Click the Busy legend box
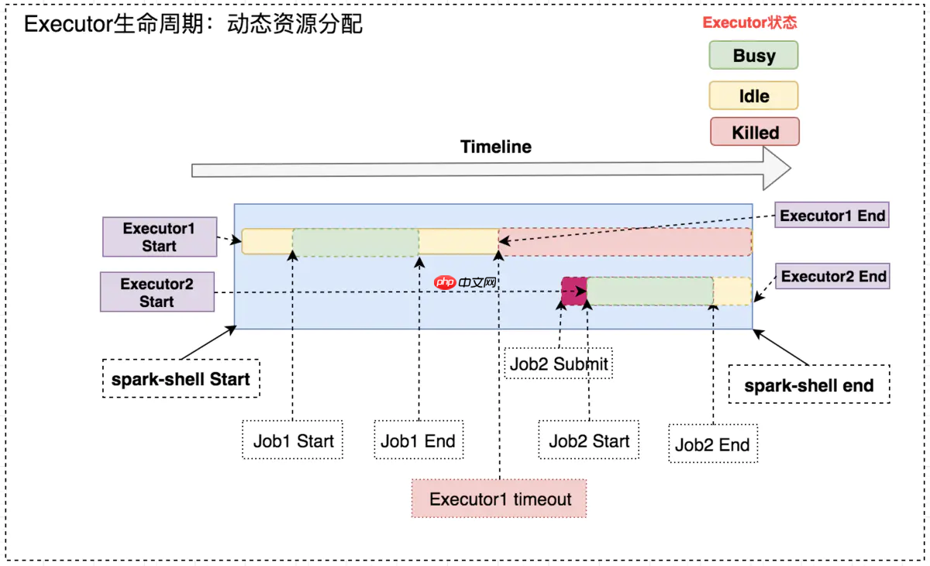click(753, 56)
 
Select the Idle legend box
click(753, 96)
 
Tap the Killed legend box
click(754, 132)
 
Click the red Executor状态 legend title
click(749, 22)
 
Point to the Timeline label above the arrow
click(495, 147)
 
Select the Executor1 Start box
click(159, 237)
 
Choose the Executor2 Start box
click(157, 292)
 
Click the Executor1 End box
click(832, 216)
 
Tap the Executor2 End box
click(833, 276)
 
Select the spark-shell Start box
click(180, 379)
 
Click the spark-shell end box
click(808, 385)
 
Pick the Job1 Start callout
click(293, 441)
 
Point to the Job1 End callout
click(418, 441)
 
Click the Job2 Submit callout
click(558, 363)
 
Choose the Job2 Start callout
click(589, 441)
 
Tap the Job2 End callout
click(712, 444)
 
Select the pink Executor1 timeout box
click(500, 499)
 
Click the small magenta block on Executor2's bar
click(573, 291)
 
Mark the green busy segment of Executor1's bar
click(356, 242)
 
